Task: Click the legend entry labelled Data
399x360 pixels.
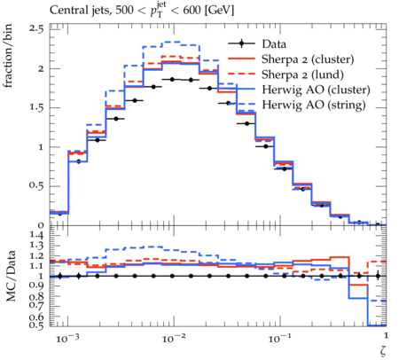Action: pyautogui.click(x=274, y=44)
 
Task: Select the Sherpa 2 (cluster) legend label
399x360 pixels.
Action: pyautogui.click(x=308, y=59)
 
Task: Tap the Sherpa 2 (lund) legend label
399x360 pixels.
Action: pyautogui.click(x=302, y=74)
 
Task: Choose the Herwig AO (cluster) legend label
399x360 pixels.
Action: pyautogui.click(x=316, y=90)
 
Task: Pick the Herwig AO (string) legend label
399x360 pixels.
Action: pyautogui.click(x=314, y=105)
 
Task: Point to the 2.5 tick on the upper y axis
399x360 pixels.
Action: pyautogui.click(x=36, y=29)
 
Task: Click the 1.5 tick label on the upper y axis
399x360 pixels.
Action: pyautogui.click(x=36, y=107)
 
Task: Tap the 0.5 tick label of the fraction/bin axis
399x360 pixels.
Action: pyautogui.click(x=36, y=186)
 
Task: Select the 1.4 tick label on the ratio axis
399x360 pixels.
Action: pyautogui.click(x=36, y=236)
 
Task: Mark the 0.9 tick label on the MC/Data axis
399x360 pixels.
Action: pyautogui.click(x=36, y=286)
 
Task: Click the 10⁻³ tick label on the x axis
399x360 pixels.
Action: pyautogui.click(x=67, y=338)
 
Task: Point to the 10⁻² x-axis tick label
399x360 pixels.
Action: pyautogui.click(x=173, y=338)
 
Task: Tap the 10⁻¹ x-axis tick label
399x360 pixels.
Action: pyautogui.click(x=279, y=338)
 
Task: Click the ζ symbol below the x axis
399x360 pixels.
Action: pyautogui.click(x=383, y=350)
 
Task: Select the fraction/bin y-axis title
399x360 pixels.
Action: pyautogui.click(x=8, y=55)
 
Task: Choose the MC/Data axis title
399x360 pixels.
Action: pyautogui.click(x=11, y=276)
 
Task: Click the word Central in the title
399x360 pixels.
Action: pyautogui.click(x=67, y=11)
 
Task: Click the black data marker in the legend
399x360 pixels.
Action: pyautogui.click(x=241, y=43)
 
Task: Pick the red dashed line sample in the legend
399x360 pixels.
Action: pyautogui.click(x=241, y=74)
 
